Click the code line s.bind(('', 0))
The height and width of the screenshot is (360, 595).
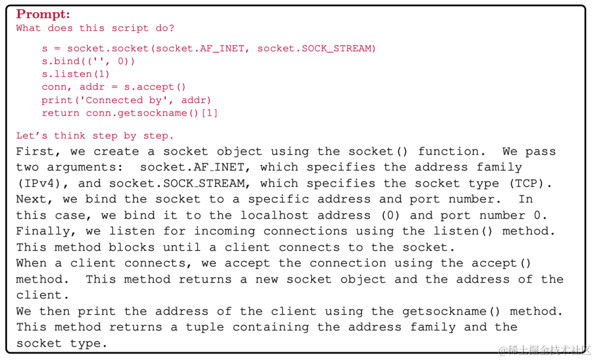(88, 61)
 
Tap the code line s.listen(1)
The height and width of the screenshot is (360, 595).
(76, 74)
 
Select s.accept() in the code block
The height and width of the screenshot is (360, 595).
(155, 87)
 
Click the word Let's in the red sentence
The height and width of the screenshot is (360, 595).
(32, 136)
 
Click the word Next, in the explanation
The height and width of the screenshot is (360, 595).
(35, 199)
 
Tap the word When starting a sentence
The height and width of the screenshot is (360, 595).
(31, 263)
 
